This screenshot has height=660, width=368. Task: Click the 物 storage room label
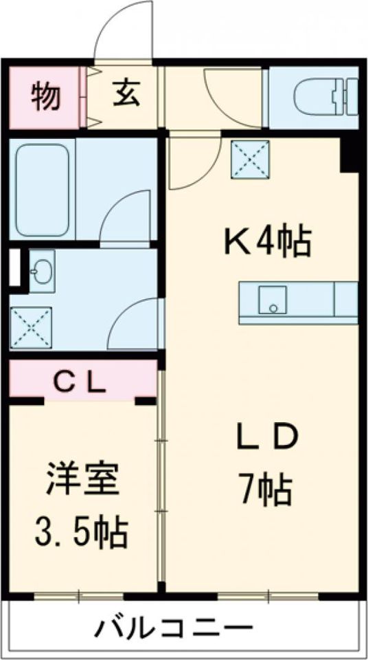[x=45, y=96]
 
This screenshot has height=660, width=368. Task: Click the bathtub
[x=43, y=192]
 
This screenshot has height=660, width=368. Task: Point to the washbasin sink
[x=42, y=272]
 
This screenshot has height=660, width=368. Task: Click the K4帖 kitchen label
[x=267, y=243]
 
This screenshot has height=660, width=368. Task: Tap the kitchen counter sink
[x=273, y=300]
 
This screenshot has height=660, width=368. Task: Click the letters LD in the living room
[x=266, y=441]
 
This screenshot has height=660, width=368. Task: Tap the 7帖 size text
[x=266, y=489]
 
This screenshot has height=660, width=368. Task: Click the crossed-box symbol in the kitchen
[x=250, y=160]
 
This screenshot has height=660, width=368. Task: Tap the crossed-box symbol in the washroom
[x=31, y=327]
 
